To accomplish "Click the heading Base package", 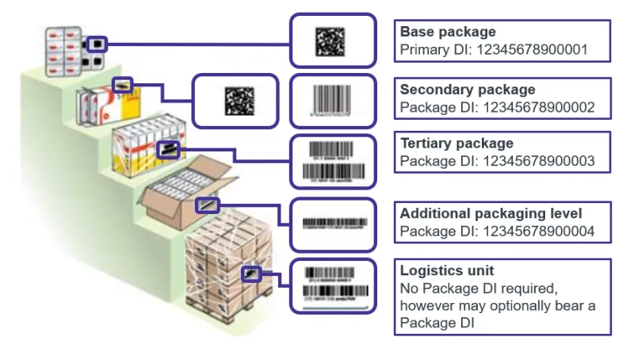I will [448, 33].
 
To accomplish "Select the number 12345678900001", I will [543, 49].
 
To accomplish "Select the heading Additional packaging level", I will [491, 214].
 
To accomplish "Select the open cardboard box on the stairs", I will [182, 194].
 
